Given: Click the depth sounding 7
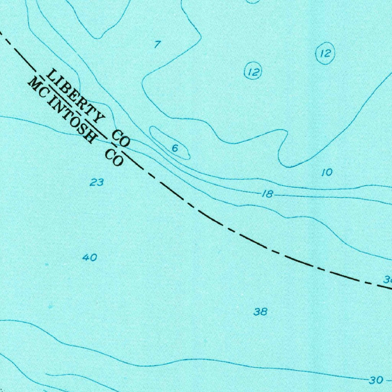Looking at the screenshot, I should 157,44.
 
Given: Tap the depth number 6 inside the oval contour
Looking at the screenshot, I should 175,149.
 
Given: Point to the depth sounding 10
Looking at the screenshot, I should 327,173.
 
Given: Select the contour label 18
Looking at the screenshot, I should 267,194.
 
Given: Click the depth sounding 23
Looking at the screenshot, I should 96,183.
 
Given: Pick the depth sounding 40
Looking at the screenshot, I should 90,258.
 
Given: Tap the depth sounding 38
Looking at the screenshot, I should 260,312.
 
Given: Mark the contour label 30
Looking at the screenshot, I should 376,380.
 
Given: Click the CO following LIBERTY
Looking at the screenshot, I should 121,138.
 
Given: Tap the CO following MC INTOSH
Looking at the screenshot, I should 114,157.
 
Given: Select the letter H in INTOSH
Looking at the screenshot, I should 89,135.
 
